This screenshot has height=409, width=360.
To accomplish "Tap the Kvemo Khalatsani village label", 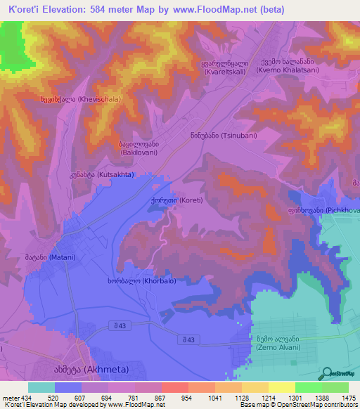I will (288, 65).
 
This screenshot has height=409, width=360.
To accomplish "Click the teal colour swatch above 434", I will (41, 387).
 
